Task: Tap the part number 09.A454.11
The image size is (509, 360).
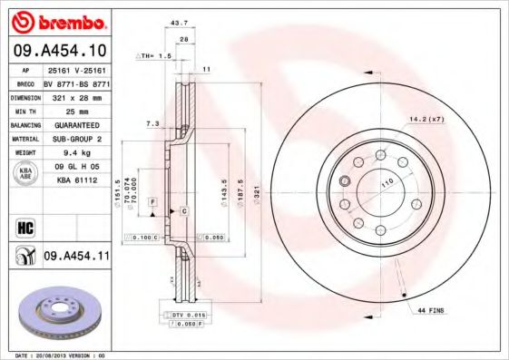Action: pyautogui.click(x=76, y=257)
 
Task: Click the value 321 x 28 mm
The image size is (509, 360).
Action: pyautogui.click(x=76, y=95)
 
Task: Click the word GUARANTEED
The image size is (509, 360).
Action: pyautogui.click(x=76, y=124)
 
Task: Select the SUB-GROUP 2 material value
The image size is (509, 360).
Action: pyautogui.click(x=76, y=139)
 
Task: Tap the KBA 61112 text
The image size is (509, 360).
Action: pyautogui.click(x=76, y=180)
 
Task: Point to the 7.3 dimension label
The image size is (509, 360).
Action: pyautogui.click(x=152, y=122)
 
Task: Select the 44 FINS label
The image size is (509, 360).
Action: pyautogui.click(x=431, y=311)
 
